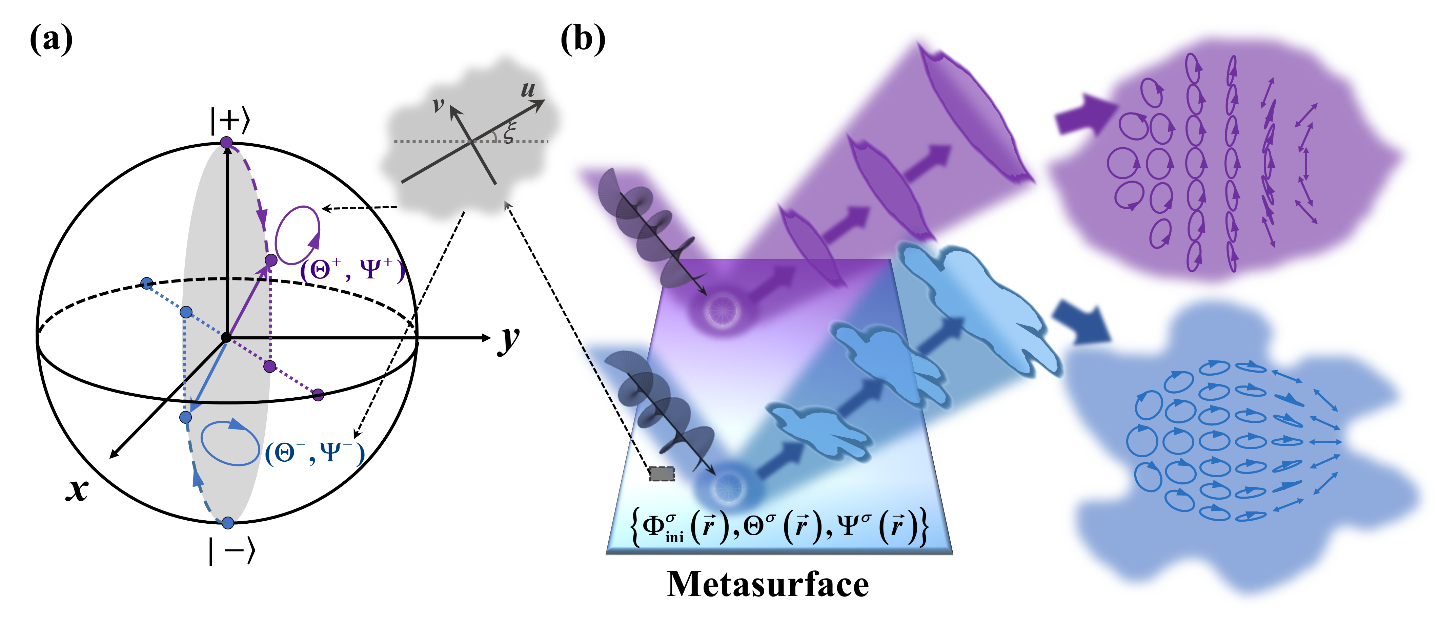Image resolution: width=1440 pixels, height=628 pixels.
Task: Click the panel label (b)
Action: (583, 40)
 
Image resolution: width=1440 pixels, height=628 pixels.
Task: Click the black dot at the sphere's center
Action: (226, 337)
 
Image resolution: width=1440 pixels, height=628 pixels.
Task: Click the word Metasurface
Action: (768, 584)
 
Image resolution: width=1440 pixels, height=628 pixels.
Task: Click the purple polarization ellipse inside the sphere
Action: (298, 235)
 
